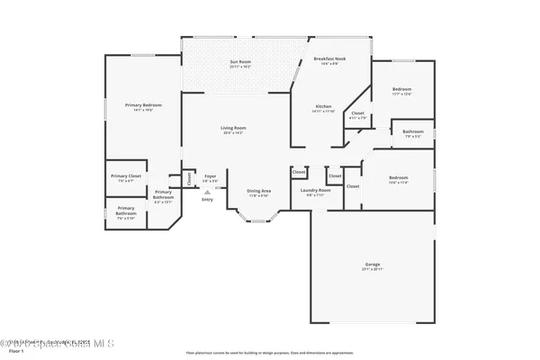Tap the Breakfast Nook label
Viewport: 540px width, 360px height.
(329, 58)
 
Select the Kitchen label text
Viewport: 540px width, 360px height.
(322, 107)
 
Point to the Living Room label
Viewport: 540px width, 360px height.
(233, 129)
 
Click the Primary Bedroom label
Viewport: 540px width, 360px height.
(143, 106)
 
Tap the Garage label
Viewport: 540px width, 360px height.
(372, 265)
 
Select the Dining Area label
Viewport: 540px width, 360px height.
(259, 191)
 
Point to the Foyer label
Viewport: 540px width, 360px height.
(209, 176)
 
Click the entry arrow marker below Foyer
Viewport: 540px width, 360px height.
(208, 192)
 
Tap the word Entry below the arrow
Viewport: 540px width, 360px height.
(208, 199)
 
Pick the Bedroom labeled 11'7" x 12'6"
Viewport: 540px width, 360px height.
(401, 90)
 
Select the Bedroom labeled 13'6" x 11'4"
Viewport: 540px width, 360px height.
(398, 178)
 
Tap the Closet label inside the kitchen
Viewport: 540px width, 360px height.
(357, 114)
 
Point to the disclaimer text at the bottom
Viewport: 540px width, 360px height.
(269, 353)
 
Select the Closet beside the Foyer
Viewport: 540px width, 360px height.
(189, 178)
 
